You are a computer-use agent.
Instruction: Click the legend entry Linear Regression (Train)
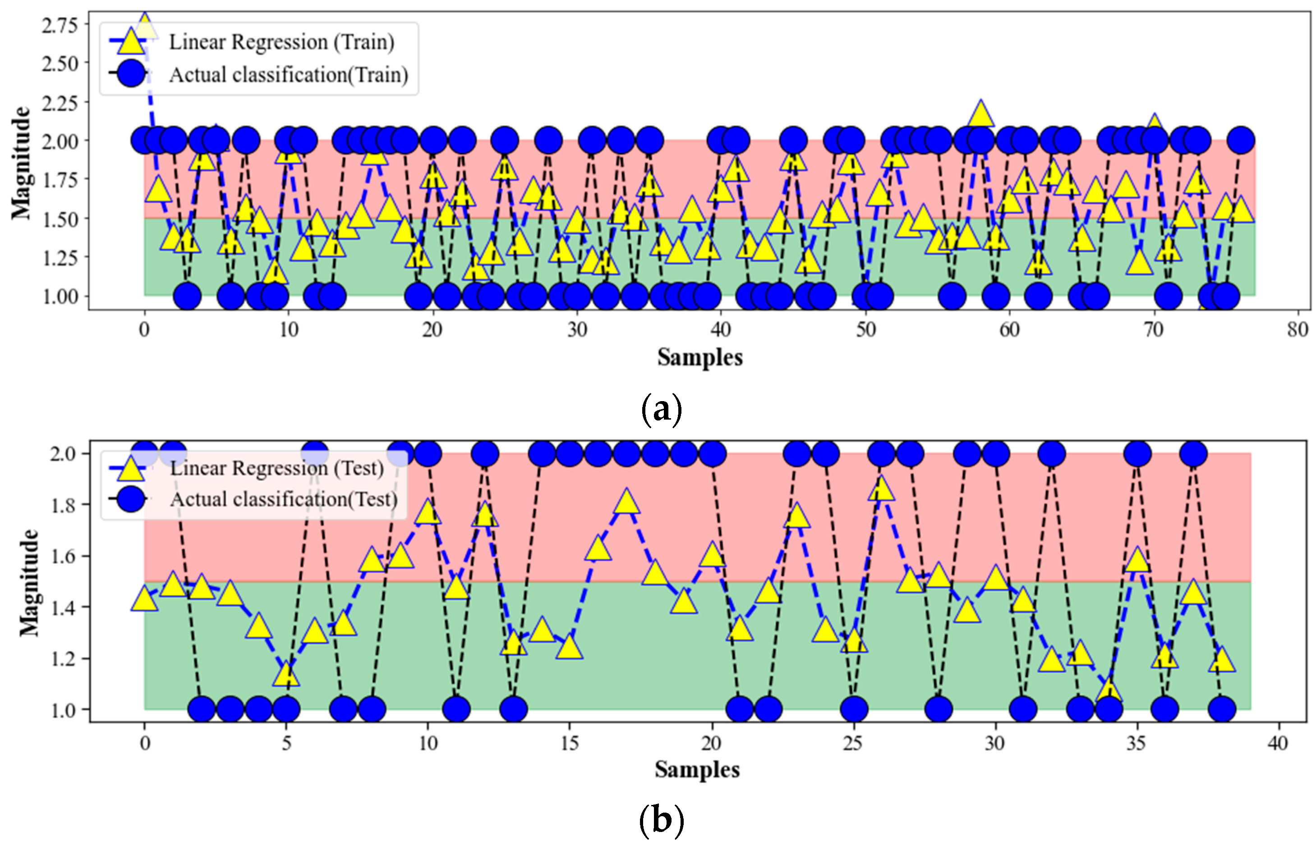(281, 42)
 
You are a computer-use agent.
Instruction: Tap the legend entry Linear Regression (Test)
(276, 468)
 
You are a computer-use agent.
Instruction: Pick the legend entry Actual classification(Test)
(283, 499)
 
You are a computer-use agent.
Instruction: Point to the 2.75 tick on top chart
(60, 25)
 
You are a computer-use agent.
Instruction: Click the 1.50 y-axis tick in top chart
(60, 219)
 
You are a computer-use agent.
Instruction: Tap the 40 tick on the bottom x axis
(1277, 744)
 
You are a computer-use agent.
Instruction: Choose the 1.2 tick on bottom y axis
(63, 659)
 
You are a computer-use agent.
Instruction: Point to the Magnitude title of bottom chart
(29, 583)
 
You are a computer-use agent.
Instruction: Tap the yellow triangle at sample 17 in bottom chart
(626, 502)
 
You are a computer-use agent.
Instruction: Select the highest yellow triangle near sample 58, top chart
(980, 115)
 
